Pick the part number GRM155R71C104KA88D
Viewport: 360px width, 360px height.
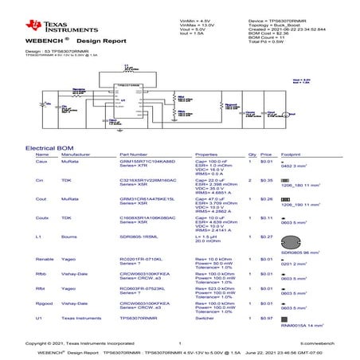pos(148,161)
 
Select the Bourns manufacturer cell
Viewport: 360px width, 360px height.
pos(68,237)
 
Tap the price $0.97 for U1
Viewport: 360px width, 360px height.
pos(267,318)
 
